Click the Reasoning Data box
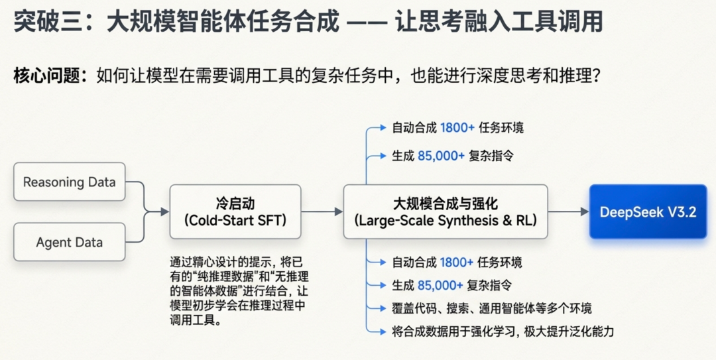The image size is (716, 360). [x=69, y=182]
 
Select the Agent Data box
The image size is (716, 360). [x=69, y=242]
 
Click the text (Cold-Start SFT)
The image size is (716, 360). [x=235, y=220]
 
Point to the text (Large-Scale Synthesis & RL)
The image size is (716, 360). [x=445, y=220]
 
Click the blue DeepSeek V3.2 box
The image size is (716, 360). [x=648, y=212]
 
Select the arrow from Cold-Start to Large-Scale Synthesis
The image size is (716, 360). [x=322, y=212]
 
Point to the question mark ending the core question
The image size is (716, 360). [x=595, y=76]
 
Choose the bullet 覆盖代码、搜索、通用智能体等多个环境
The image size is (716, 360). [x=491, y=308]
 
